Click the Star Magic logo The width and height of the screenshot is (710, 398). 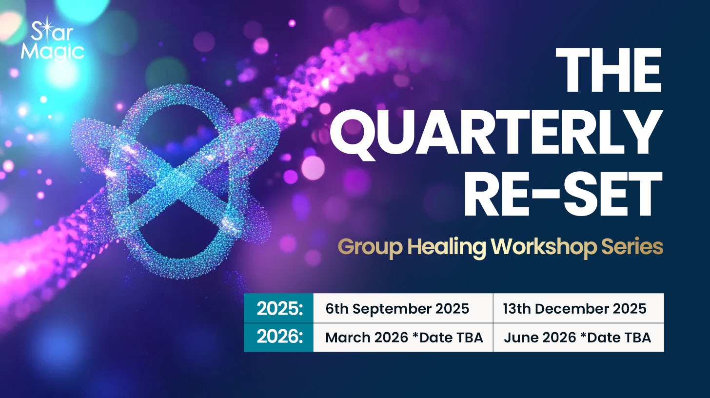52,38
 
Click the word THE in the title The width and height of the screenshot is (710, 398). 609,70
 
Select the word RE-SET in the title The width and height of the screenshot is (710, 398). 563,195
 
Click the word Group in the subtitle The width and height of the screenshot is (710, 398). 370,247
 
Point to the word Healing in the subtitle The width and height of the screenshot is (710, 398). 447,247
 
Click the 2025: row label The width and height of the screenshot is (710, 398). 278,308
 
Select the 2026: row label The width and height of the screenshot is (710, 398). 278,337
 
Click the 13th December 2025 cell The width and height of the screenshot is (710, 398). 574,309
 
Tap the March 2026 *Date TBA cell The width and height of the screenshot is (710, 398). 404,338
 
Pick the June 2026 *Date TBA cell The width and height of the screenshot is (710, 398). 577,338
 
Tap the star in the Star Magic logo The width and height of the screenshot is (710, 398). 47,29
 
